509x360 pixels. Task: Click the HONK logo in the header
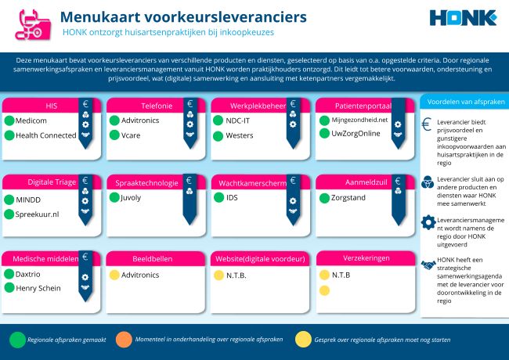[463, 18]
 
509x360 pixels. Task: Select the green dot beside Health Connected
[10, 135]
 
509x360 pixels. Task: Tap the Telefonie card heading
[135, 106]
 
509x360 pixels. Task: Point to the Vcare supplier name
[132, 135]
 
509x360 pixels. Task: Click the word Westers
[240, 135]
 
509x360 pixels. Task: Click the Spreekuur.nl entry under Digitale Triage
[38, 213]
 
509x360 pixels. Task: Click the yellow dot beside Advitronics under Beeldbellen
[114, 275]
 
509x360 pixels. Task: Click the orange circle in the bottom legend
[124, 340]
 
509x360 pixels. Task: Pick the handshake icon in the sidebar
[428, 266]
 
